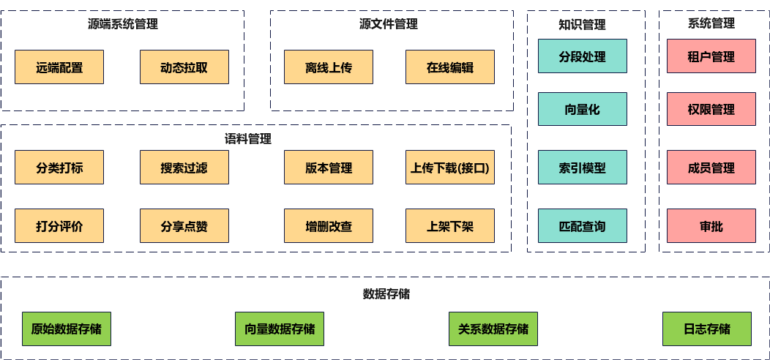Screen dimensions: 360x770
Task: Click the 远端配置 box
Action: [59, 67]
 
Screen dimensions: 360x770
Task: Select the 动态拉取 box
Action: [184, 67]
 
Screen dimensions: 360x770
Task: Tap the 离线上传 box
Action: [329, 67]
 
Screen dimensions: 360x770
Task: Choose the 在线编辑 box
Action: [450, 67]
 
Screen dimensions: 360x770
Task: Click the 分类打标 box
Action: [59, 168]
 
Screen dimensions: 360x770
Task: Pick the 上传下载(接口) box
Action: [450, 168]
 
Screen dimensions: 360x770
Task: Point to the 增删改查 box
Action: [329, 226]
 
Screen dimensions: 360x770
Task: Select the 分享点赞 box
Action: [184, 226]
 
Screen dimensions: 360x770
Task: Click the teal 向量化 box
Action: [583, 110]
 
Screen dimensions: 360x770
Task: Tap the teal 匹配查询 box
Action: [583, 226]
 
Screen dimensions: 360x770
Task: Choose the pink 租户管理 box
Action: [711, 56]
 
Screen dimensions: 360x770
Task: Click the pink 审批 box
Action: [711, 226]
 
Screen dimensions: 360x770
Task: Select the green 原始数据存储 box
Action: [66, 329]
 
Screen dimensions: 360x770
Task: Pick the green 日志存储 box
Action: [706, 329]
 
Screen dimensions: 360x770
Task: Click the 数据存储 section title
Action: [386, 294]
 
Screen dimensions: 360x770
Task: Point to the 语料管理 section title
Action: [247, 138]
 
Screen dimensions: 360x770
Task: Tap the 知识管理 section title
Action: [582, 24]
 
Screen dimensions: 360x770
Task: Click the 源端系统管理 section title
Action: [122, 23]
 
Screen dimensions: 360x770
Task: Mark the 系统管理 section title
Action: [711, 23]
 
